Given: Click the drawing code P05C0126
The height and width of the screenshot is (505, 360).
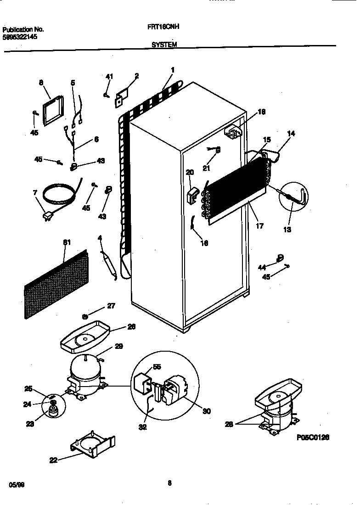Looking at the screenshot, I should point(313,437).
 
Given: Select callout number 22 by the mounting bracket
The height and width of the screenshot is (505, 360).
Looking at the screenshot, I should point(53,460).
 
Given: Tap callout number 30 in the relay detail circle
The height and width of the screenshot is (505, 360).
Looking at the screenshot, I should point(206,411).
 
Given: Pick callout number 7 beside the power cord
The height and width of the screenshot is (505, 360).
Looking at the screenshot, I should point(35,192).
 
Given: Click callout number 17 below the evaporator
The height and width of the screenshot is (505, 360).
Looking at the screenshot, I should point(259,225).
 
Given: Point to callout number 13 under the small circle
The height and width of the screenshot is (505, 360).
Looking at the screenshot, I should point(287,230).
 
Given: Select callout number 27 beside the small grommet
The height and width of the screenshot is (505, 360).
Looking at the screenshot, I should point(111,306).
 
